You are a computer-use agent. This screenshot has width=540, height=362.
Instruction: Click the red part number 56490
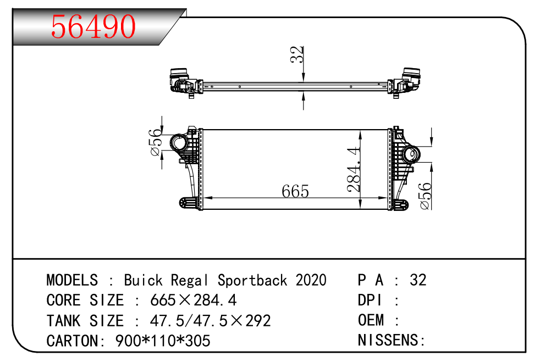pos(93,26)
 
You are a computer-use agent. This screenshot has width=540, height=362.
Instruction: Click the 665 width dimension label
pos(295,191)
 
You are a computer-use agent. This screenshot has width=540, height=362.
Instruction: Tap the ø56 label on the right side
pos(425,196)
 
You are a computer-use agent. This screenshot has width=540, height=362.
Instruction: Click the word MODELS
pos(72,280)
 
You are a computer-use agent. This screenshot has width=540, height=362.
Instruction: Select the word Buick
pos(143,280)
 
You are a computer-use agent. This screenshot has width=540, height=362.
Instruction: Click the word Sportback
pos(252,280)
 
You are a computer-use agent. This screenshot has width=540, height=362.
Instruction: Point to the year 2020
pos(311,280)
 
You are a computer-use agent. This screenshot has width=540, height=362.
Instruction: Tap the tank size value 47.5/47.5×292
pos(210,321)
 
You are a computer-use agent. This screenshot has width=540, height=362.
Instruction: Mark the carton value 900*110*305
pos(163,341)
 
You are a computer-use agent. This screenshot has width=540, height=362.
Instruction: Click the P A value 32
pos(418,280)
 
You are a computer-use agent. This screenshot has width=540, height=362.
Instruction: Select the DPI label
pos(370,300)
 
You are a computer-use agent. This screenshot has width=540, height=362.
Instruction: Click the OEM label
pos(371,321)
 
